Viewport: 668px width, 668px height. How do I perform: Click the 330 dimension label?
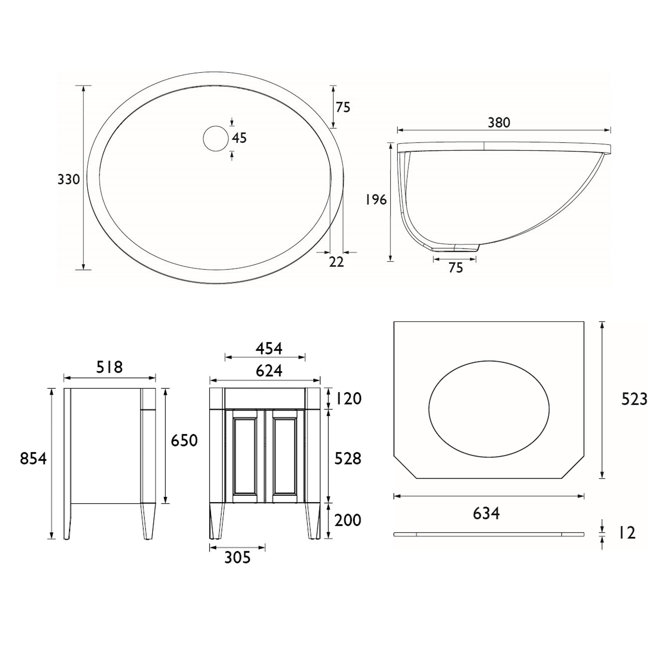68,179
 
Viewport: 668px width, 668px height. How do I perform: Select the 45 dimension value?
239,138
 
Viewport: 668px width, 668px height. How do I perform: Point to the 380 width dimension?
499,123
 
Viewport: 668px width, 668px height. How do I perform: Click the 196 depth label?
376,199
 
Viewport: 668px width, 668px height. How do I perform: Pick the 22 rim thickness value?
336,263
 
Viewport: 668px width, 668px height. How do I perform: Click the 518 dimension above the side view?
109,367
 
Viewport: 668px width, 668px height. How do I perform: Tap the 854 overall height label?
33,459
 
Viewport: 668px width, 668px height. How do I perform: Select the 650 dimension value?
184,441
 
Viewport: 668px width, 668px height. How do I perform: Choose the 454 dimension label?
269,348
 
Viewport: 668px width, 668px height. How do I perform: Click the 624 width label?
269,371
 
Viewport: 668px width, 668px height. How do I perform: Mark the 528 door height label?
348,459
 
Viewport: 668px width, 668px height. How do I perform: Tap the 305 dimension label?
237,557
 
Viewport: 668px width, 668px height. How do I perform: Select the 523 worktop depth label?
634,400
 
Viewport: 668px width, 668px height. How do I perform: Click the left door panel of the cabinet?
245,456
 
